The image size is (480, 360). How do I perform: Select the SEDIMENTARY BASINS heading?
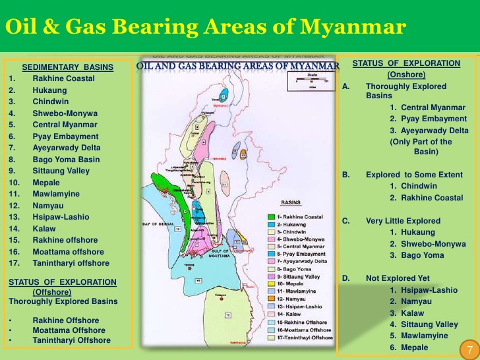click(67, 67)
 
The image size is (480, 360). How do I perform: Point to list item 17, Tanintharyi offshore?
click(71, 263)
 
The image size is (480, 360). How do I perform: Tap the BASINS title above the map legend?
click(292, 203)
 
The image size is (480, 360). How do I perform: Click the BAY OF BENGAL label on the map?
click(158, 224)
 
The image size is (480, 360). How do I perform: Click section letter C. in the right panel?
click(345, 221)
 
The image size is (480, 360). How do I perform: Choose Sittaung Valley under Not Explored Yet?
click(423, 324)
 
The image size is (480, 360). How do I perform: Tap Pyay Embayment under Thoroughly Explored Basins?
click(428, 119)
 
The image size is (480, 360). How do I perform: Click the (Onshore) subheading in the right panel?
click(407, 75)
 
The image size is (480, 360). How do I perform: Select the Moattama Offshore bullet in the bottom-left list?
click(69, 330)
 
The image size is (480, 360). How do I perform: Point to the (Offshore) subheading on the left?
click(51, 291)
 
